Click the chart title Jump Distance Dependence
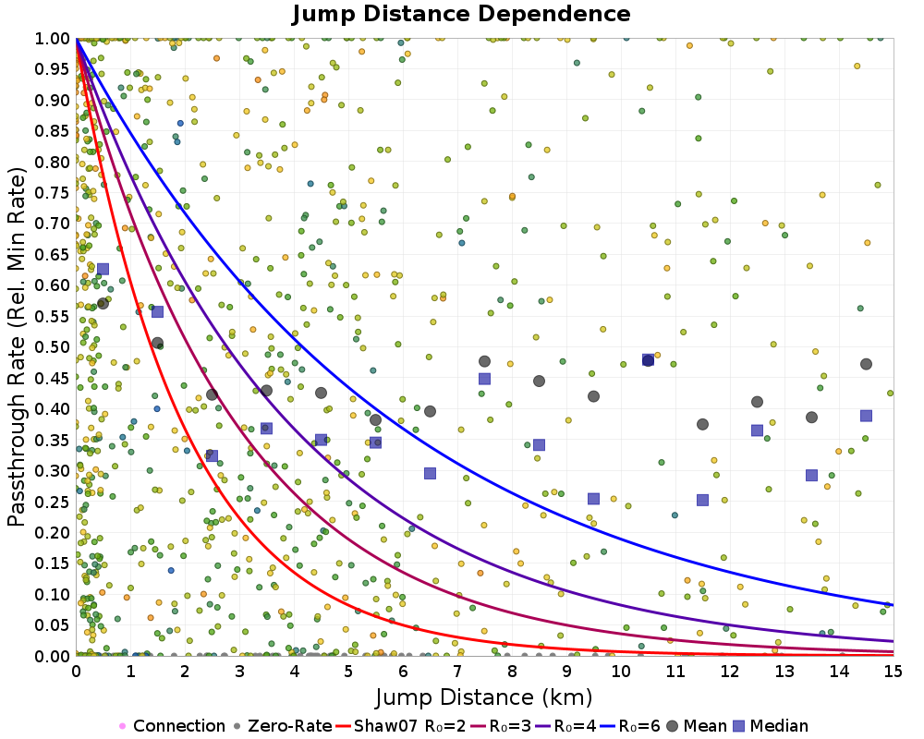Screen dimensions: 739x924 coord(461,14)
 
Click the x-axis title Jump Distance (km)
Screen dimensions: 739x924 coord(483,696)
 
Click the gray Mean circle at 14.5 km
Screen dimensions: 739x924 coord(866,364)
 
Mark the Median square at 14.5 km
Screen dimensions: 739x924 coord(866,416)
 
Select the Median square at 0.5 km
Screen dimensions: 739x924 coord(103,269)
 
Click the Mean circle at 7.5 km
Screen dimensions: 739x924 coord(484,361)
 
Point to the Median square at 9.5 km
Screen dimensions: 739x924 coord(593,499)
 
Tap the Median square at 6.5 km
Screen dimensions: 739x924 coord(430,473)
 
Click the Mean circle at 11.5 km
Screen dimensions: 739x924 coord(702,424)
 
